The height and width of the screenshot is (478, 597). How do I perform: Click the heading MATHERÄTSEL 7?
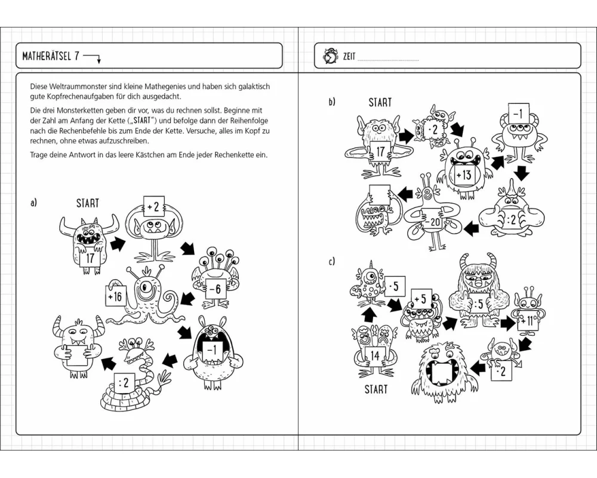coord(50,57)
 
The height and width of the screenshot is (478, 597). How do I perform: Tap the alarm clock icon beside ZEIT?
coord(329,56)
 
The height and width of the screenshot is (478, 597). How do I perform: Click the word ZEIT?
coord(349,57)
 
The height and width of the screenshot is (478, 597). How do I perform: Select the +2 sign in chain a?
coord(153,207)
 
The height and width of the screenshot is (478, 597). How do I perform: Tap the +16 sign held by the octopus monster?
coord(115,296)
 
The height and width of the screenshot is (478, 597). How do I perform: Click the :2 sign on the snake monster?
coord(124,383)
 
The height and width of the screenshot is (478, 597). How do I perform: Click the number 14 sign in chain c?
coord(374,356)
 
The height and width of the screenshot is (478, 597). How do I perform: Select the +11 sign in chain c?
coord(528,321)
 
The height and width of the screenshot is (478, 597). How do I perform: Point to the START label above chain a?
coord(87,203)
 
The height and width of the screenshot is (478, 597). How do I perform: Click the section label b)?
coord(333,102)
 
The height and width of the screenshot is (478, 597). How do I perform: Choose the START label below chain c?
coord(376,390)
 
